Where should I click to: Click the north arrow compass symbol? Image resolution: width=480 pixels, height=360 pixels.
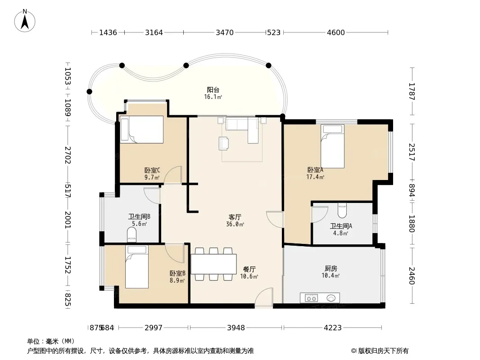[25, 21]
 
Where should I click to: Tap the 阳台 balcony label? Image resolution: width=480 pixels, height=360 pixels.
[213, 90]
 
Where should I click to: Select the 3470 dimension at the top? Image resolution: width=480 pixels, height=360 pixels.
[225, 32]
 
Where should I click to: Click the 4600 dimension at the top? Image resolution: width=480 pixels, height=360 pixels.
[336, 32]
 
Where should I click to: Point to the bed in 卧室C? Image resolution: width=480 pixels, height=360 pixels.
[141, 130]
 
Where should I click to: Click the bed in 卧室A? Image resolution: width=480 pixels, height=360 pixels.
[332, 146]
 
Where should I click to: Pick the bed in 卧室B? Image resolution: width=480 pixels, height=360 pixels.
[137, 267]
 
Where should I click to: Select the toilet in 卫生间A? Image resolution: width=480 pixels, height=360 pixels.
[342, 210]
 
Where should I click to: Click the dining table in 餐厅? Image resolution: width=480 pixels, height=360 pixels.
[214, 264]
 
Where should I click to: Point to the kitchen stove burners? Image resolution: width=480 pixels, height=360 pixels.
[311, 298]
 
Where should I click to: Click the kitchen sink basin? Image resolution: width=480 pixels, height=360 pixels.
[331, 298]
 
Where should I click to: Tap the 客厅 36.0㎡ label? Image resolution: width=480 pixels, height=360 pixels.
[235, 220]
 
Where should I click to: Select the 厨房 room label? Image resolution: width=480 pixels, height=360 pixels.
[331, 269]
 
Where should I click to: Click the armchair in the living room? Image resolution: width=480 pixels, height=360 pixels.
[224, 144]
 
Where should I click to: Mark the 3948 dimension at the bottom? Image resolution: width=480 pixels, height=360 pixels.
[235, 328]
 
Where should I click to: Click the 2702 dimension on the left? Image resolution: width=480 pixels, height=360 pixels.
[68, 155]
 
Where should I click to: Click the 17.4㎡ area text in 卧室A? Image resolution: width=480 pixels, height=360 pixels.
[315, 177]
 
